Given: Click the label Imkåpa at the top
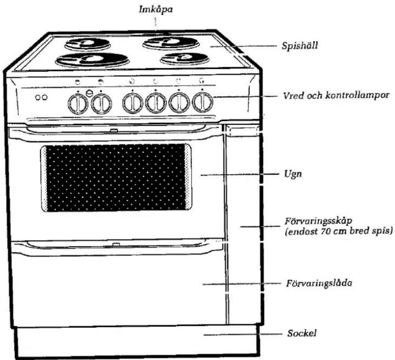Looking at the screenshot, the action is click(156, 10).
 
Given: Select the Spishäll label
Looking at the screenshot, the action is click(300, 46).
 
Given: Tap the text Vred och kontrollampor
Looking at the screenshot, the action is click(336, 96).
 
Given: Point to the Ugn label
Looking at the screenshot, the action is click(293, 174).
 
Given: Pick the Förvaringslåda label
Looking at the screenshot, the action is click(319, 283).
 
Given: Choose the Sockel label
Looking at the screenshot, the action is click(302, 333).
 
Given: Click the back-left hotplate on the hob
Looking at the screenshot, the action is click(87, 44).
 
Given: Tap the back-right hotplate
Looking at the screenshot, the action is click(171, 43).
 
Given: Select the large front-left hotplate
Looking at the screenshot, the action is click(93, 60).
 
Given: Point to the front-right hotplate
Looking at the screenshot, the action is click(185, 58).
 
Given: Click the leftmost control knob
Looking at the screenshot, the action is click(78, 103).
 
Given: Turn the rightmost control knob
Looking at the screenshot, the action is click(203, 102).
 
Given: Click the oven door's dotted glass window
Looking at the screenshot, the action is click(116, 178).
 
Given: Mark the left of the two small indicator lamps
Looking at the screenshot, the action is click(38, 97).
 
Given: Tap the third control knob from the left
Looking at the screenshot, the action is click(133, 103).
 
